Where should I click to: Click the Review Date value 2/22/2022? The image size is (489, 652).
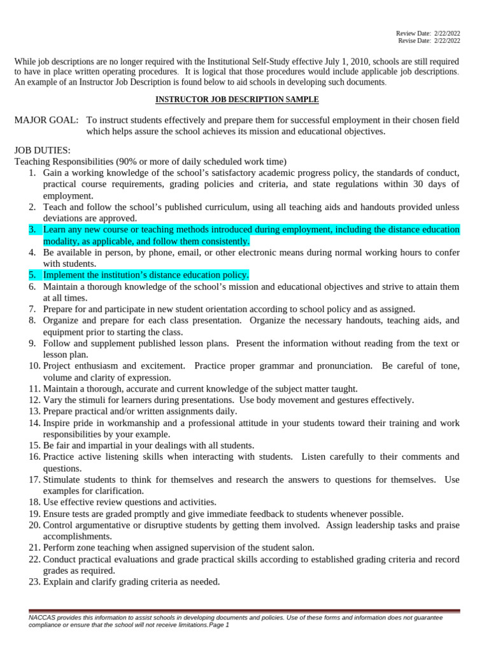[x=447, y=32]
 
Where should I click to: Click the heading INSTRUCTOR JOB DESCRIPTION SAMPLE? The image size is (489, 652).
[x=237, y=100]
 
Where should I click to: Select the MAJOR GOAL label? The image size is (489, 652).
[x=46, y=120]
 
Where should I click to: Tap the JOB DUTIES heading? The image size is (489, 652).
[x=42, y=150]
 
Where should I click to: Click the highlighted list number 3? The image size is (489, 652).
[x=32, y=229]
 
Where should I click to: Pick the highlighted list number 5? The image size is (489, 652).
[x=32, y=275]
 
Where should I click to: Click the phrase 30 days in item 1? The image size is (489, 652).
[x=436, y=185]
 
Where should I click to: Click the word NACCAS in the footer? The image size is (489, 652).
[x=42, y=618]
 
